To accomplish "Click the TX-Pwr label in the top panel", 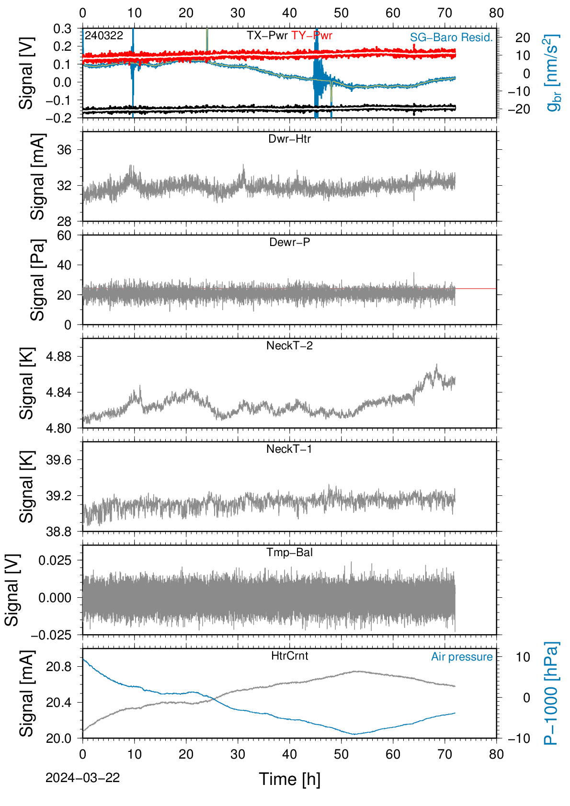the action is (x=267, y=35).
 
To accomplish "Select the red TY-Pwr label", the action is (x=312, y=35).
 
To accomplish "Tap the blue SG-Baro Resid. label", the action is (x=451, y=37).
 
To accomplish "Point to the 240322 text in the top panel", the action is (x=104, y=35).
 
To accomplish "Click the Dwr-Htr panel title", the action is (x=289, y=139).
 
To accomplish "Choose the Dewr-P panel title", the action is (x=289, y=242).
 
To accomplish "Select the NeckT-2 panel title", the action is (x=289, y=346).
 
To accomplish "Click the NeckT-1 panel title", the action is (x=289, y=448).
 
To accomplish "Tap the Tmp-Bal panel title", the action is (x=289, y=552).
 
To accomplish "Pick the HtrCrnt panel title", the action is (x=289, y=656).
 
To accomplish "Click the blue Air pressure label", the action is (x=462, y=657).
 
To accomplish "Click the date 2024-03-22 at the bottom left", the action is (x=82, y=778).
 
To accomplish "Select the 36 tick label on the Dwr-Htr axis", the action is (x=65, y=150).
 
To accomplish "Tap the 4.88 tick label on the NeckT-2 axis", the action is (x=59, y=357).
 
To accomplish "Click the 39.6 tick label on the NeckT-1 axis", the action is (x=59, y=460).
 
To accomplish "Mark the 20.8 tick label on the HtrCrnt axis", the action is (x=59, y=667).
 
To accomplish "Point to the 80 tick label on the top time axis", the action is (x=496, y=13).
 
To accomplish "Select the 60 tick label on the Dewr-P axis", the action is (x=65, y=235).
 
